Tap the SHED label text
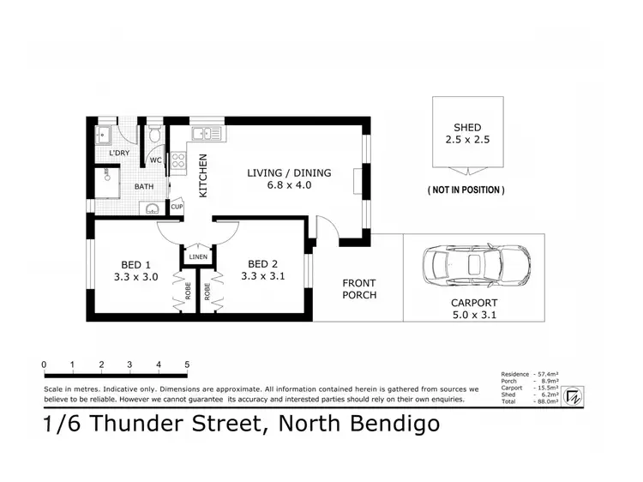click(x=467, y=127)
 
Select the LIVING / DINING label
click(x=289, y=172)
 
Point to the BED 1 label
click(x=135, y=264)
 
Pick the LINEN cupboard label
click(x=197, y=256)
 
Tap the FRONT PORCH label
click(x=359, y=289)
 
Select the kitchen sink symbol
click(x=207, y=134)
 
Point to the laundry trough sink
click(x=105, y=136)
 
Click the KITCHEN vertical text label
click(x=203, y=176)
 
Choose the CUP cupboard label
click(x=177, y=207)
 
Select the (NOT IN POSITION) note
click(x=466, y=190)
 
